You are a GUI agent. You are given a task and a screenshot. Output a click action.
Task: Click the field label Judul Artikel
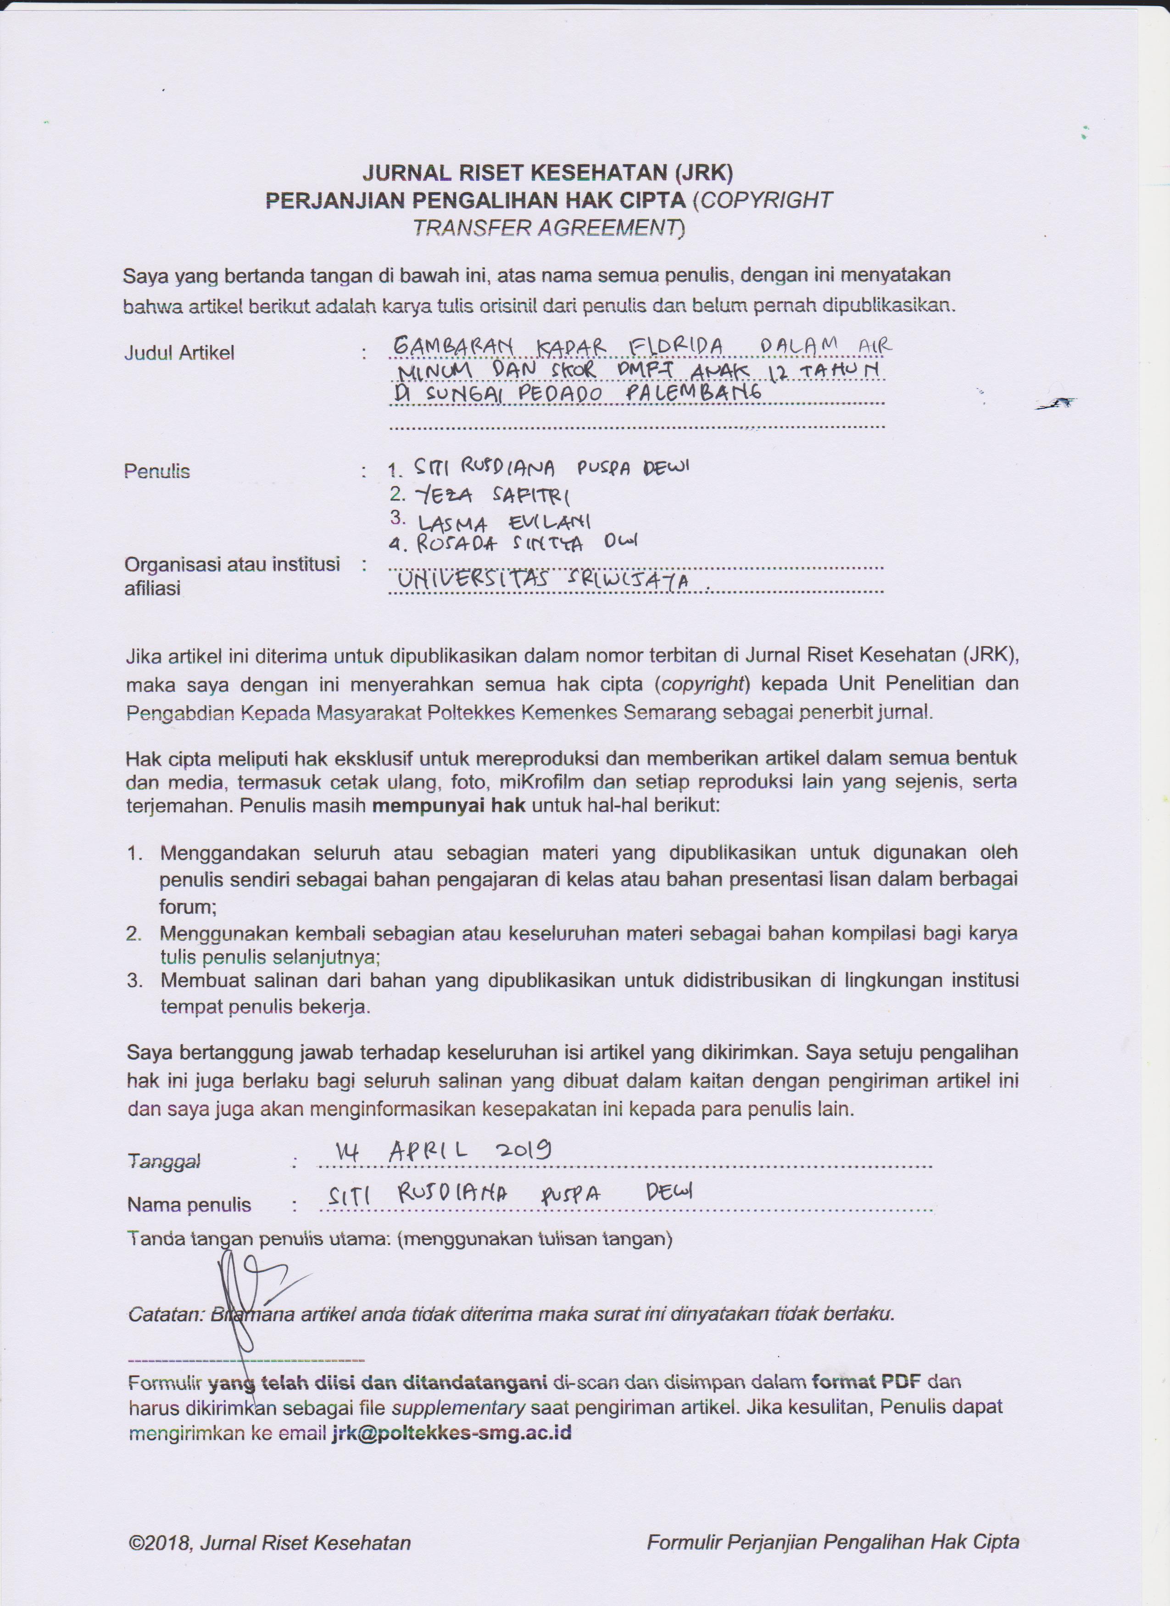(179, 353)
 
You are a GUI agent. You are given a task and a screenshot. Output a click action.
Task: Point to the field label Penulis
(157, 471)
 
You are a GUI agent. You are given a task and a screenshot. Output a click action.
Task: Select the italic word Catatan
(165, 1315)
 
